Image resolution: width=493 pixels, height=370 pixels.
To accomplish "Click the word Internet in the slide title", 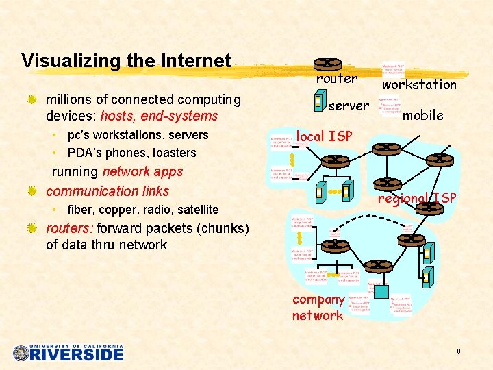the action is [196, 61].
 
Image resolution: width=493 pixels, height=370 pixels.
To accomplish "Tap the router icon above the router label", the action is [329, 63].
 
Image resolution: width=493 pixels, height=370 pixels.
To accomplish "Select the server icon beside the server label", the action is [318, 102].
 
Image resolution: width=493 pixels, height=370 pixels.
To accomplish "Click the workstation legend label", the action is [419, 84].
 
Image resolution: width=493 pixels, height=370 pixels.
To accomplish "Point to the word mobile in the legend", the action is [422, 115].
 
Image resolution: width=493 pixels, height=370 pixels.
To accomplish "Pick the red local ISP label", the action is [324, 136].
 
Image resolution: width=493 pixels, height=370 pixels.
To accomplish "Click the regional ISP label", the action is [418, 198].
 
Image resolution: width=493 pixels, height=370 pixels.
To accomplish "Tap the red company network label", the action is [318, 307].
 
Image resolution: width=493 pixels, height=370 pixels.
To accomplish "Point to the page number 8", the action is [458, 351].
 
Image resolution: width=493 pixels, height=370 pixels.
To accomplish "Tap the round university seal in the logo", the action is [21, 353].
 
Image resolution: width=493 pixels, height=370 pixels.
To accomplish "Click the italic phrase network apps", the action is [142, 171].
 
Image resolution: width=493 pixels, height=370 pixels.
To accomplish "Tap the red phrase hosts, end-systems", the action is [159, 116].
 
